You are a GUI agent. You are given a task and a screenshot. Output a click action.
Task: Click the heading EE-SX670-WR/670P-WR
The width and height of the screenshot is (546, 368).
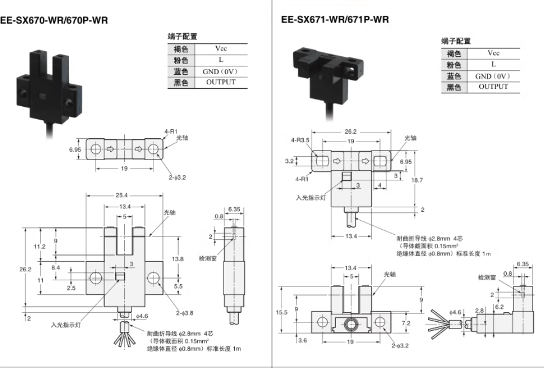tap(54, 20)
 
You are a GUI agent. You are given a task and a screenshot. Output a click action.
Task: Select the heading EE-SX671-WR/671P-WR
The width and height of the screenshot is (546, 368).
tap(335, 20)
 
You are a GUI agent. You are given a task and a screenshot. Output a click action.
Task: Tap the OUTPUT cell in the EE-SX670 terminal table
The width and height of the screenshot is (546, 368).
tap(221, 82)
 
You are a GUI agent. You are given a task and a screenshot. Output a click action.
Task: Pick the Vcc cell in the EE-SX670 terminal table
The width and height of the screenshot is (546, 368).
tap(221, 49)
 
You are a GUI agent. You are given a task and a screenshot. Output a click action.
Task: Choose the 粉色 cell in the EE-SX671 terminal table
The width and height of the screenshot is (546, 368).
tap(453, 65)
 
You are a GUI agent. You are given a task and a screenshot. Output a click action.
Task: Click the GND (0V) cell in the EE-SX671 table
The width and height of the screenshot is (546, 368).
tap(493, 76)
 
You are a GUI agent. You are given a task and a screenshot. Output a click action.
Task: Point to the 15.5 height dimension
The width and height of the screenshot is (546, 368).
tap(284, 312)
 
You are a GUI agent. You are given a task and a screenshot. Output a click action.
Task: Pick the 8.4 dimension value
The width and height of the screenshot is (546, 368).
tap(55, 268)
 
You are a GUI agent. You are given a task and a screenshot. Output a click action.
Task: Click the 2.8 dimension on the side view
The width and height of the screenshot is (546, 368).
tap(479, 310)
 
